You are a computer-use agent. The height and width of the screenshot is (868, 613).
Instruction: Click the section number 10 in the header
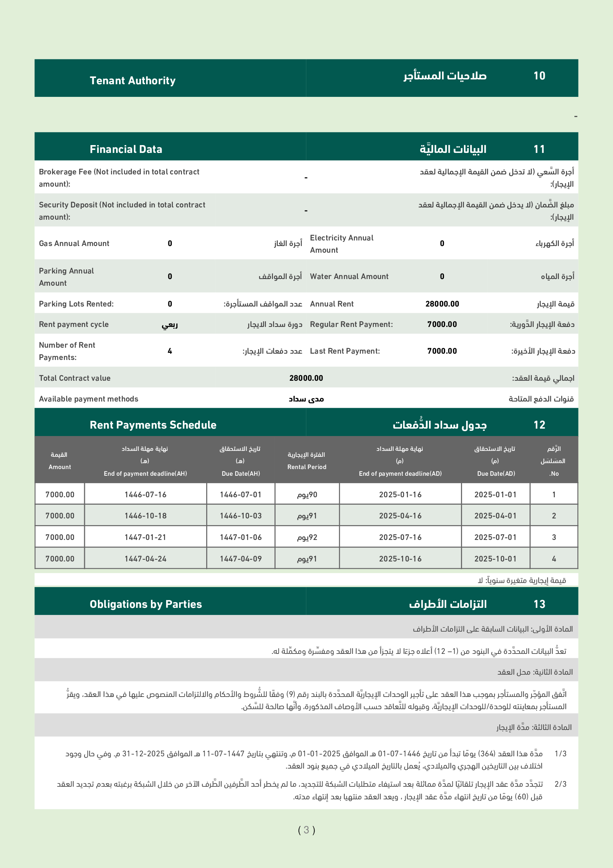[x=539, y=76]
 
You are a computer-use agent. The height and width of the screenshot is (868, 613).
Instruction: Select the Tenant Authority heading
[x=132, y=81]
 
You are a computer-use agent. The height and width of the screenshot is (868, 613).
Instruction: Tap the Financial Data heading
[x=126, y=149]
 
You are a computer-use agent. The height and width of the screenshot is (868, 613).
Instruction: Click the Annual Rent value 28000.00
[x=442, y=304]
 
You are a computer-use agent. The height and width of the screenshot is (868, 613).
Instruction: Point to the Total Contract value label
[x=75, y=378]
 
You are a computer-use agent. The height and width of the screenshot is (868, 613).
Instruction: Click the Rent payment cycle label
[x=74, y=324]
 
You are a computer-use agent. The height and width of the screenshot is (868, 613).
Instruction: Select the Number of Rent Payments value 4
[x=170, y=351]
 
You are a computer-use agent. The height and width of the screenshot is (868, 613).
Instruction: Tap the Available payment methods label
[x=88, y=399]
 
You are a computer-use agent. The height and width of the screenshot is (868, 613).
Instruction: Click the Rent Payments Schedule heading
[x=153, y=425]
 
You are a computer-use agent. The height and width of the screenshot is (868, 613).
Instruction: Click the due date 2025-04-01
[x=495, y=516]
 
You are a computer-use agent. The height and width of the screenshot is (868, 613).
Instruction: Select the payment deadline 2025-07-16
[x=400, y=537]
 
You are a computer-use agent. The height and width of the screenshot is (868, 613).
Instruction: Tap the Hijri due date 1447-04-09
[x=241, y=559]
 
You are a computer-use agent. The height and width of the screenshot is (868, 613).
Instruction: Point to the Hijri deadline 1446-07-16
[x=145, y=494]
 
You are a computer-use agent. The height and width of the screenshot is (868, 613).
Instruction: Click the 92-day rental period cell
[x=307, y=537]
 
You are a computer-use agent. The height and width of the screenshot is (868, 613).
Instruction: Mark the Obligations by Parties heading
[x=146, y=604]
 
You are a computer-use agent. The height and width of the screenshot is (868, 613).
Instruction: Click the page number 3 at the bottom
[x=306, y=830]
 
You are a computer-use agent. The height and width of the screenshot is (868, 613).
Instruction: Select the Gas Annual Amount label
[x=74, y=243]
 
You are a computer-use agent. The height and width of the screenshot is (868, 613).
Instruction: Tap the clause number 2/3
[x=560, y=784]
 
